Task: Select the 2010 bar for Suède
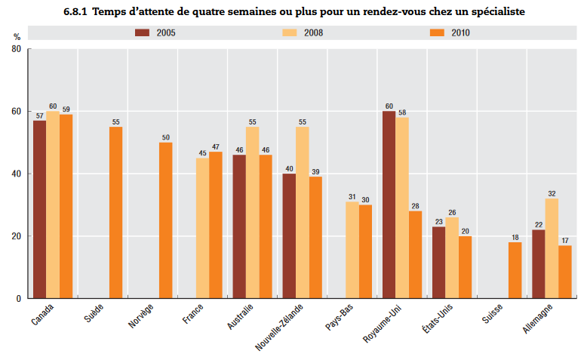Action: [x=115, y=212]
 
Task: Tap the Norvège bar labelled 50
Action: [x=165, y=220]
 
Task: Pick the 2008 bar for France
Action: [x=202, y=228]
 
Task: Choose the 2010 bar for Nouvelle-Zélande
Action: [x=315, y=237]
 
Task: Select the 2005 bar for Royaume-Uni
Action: [x=389, y=205]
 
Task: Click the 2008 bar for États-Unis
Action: [x=452, y=257]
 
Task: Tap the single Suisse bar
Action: [x=515, y=270]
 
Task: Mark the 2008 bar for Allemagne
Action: [x=552, y=248]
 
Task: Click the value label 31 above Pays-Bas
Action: [x=352, y=196]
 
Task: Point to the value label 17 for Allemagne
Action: [x=565, y=240]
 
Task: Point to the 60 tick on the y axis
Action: [x=17, y=112]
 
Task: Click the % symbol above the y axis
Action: [x=17, y=37]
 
